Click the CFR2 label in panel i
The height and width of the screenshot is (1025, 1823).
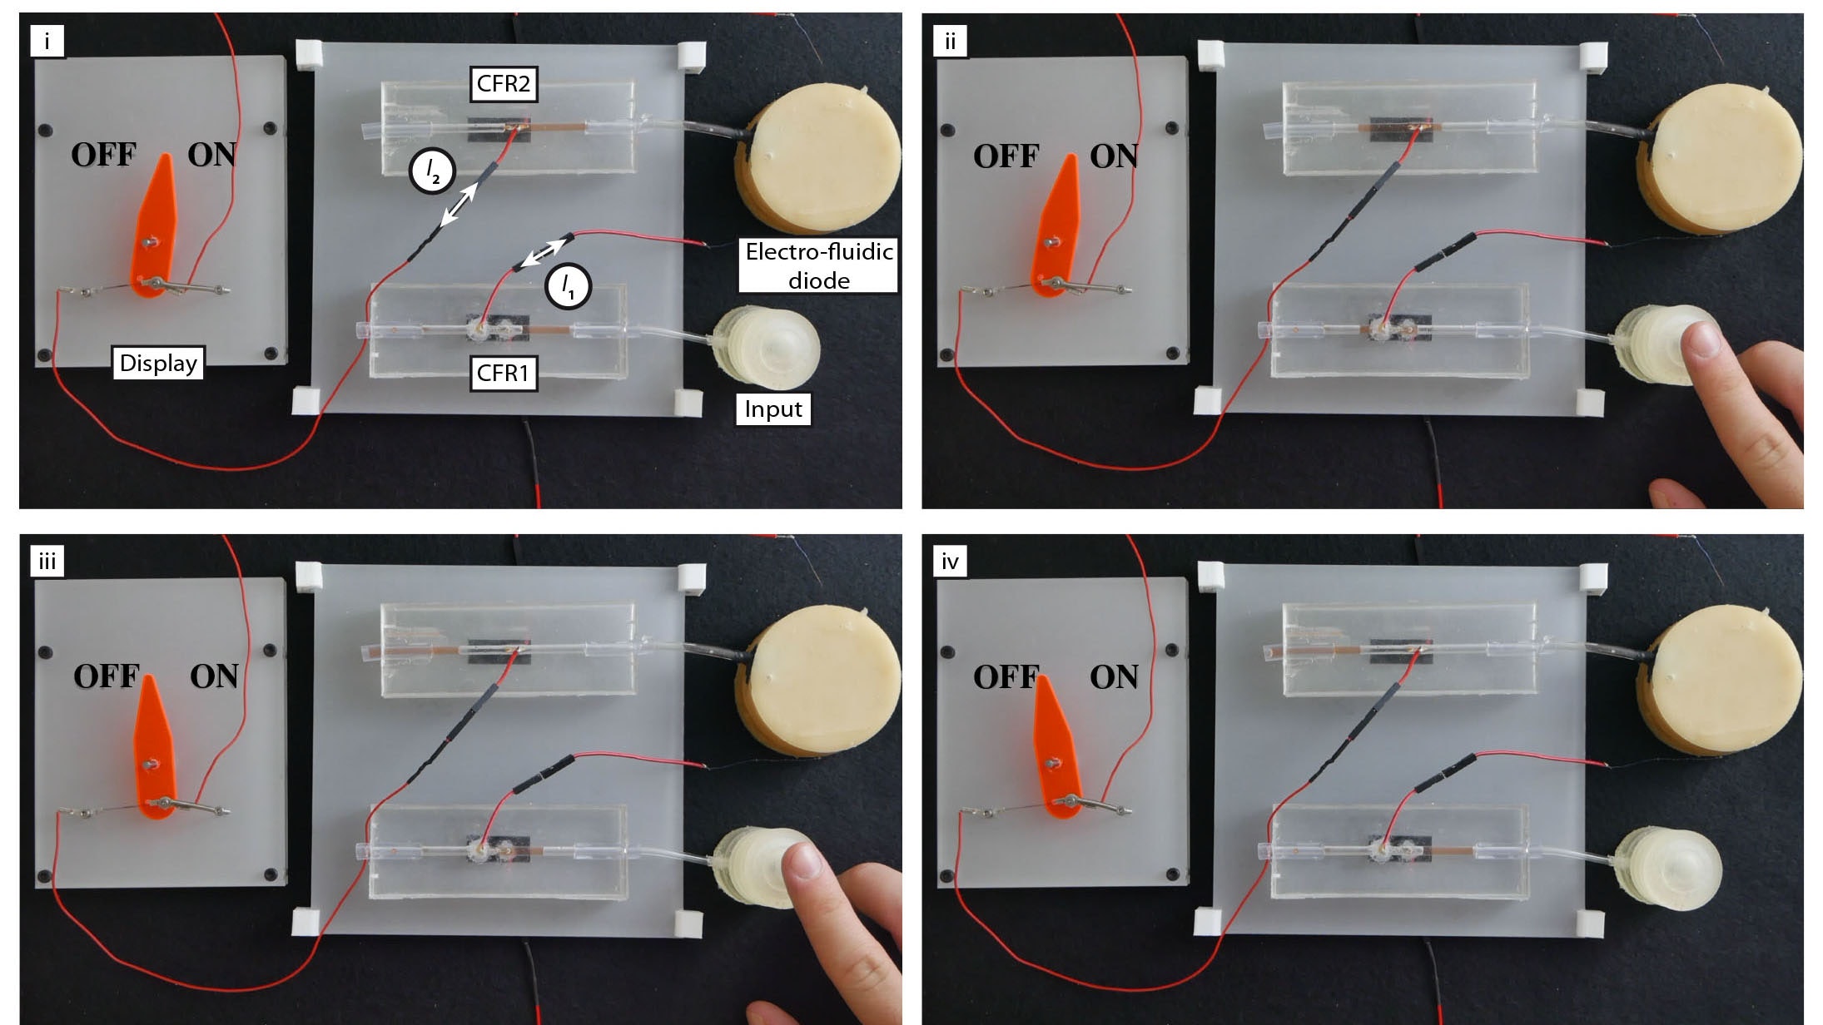(x=504, y=84)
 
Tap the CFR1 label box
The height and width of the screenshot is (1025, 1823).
(x=503, y=373)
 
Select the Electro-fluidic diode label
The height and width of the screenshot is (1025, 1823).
(x=818, y=265)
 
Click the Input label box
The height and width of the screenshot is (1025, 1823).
(x=772, y=409)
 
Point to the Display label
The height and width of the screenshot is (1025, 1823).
(x=158, y=363)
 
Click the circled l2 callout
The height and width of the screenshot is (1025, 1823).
(x=431, y=171)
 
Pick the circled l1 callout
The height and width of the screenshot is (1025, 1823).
(x=568, y=287)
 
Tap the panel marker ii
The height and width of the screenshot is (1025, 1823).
(x=950, y=41)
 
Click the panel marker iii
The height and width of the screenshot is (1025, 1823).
(x=47, y=562)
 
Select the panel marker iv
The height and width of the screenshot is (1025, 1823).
(x=950, y=562)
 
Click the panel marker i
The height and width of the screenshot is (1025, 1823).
(x=47, y=41)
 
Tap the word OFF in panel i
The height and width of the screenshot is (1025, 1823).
(x=103, y=155)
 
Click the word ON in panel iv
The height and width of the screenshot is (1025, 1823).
(x=1114, y=676)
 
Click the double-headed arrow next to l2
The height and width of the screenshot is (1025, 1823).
(x=459, y=205)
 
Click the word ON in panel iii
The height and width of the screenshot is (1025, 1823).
(x=214, y=676)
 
